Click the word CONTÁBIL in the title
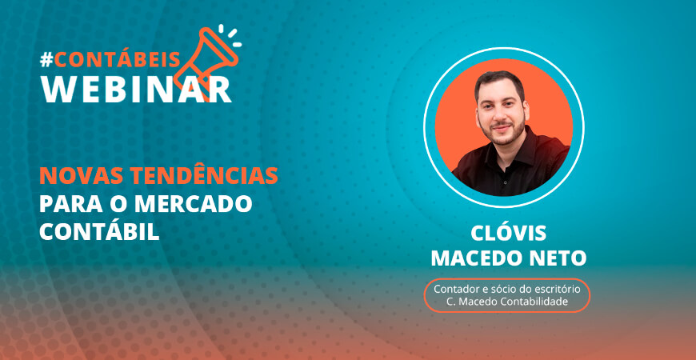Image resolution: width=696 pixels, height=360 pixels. point(99,232)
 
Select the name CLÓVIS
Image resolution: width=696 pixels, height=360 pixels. point(509,233)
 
